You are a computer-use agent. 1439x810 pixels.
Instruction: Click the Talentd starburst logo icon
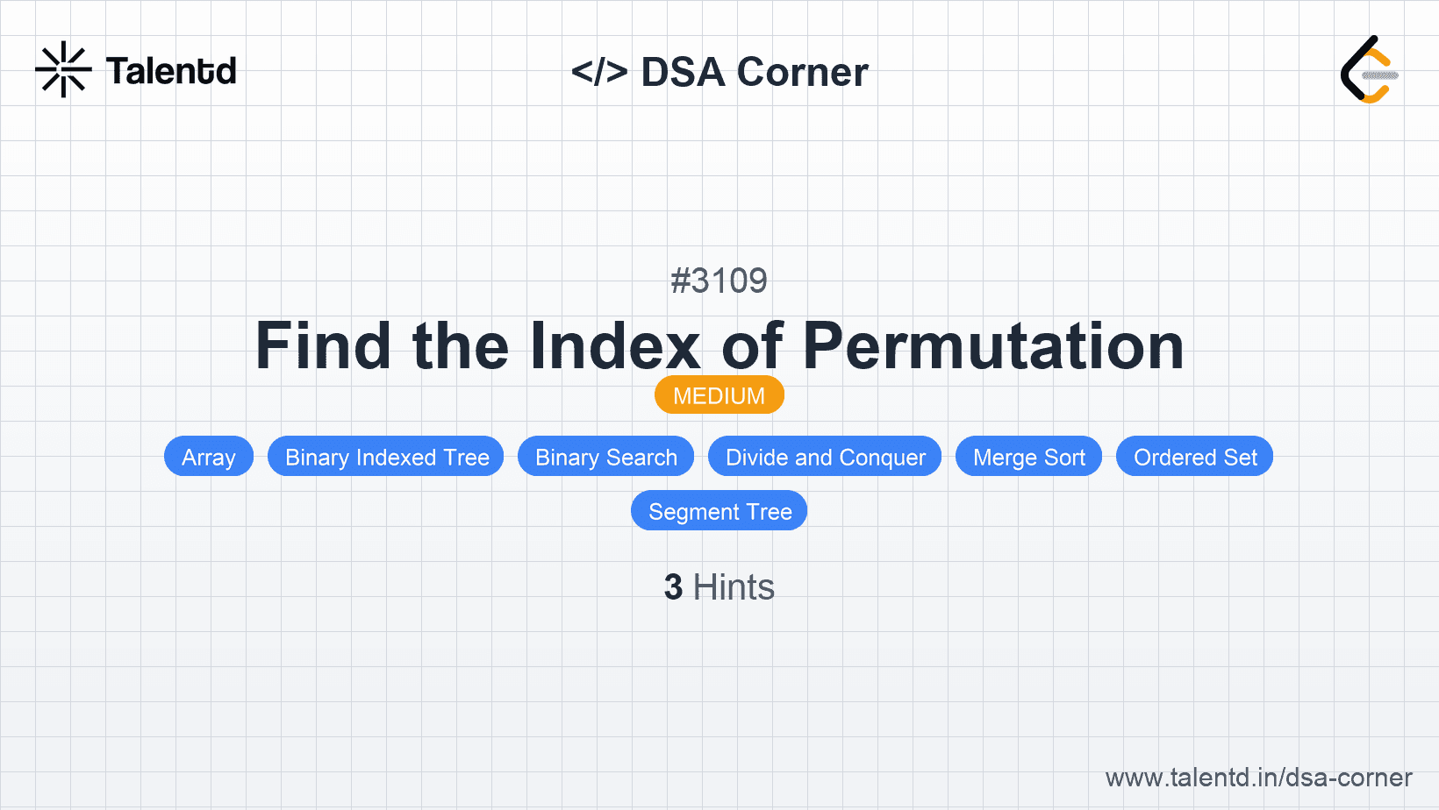point(63,69)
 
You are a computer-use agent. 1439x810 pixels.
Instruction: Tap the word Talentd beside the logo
point(171,71)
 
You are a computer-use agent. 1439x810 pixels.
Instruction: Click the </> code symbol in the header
point(599,71)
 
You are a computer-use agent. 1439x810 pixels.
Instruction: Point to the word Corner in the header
point(802,71)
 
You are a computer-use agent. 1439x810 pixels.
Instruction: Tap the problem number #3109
point(719,281)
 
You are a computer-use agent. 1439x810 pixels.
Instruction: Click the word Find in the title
point(323,345)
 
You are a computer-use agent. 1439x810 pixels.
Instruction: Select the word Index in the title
point(615,345)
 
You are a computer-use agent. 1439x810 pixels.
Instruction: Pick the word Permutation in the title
point(993,345)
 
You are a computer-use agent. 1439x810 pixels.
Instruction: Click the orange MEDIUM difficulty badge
point(719,394)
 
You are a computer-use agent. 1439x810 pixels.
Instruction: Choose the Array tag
point(209,457)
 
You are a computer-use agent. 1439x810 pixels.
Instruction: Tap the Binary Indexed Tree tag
point(386,457)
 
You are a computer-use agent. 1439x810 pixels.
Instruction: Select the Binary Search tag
point(605,457)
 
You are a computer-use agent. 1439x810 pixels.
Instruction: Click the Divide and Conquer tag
point(825,457)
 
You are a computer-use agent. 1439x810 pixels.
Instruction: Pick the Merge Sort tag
point(1028,457)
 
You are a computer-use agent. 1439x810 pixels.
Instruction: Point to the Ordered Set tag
point(1195,457)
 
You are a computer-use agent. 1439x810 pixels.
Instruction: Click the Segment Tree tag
point(719,511)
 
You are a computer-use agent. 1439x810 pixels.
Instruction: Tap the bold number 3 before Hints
point(673,586)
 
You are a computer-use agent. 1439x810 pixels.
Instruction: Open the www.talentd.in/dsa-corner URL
point(1258,778)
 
